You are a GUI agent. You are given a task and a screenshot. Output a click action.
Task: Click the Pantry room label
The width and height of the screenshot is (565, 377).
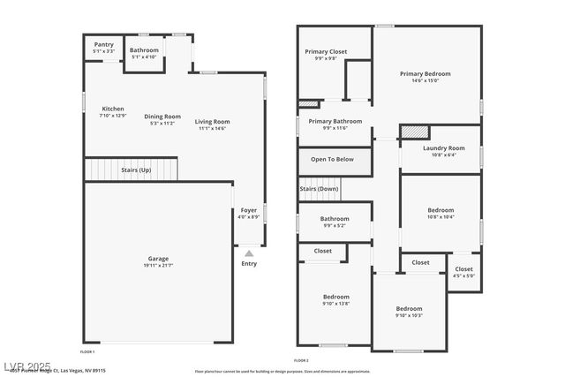(103, 44)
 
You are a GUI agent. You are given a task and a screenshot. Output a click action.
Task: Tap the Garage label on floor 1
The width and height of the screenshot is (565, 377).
(158, 259)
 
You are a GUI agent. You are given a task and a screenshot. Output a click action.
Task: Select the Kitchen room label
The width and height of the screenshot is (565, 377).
(113, 109)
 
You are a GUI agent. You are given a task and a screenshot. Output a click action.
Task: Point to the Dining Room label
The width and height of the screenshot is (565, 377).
(162, 117)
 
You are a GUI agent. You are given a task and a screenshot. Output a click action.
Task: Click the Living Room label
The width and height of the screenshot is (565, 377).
(212, 122)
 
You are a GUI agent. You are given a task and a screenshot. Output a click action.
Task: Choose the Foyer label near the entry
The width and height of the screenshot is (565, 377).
(249, 210)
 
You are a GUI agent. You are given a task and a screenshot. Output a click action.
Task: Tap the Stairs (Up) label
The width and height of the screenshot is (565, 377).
(136, 170)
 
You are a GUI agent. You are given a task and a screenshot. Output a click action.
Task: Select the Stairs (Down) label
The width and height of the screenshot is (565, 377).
(319, 189)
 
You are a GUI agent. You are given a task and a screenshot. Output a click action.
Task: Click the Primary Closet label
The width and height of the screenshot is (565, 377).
(326, 52)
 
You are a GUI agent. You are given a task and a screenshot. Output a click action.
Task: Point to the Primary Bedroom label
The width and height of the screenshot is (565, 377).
(425, 74)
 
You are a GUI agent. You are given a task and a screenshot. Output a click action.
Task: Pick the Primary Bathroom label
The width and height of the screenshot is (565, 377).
(335, 121)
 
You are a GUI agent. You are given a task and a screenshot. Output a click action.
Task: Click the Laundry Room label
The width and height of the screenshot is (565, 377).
(443, 148)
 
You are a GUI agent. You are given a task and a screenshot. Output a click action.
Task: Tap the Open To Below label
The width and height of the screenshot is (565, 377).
(332, 160)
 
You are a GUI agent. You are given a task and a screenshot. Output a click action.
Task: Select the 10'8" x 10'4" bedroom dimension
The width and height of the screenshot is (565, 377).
(441, 217)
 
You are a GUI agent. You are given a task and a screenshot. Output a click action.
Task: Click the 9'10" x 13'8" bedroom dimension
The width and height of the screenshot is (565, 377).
(335, 304)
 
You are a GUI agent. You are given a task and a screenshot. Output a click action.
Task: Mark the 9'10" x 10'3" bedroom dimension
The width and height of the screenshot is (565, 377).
(409, 315)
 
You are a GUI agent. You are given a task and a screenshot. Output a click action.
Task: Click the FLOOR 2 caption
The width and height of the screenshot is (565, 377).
(301, 360)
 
